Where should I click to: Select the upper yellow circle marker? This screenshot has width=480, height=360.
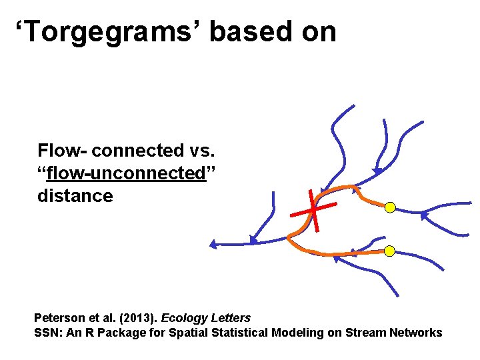tap(390, 207)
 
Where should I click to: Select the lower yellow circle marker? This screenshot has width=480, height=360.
tap(390, 251)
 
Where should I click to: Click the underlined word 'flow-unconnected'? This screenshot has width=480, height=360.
tap(125, 173)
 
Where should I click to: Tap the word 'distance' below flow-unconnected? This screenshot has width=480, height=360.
tap(75, 196)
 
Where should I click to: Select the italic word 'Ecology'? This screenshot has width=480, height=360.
tap(183, 318)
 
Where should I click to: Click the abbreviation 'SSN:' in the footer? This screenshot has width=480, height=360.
tap(46, 332)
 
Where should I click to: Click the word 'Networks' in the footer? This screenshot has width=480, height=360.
tap(415, 332)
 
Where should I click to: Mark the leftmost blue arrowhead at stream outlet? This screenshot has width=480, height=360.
tap(213, 245)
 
